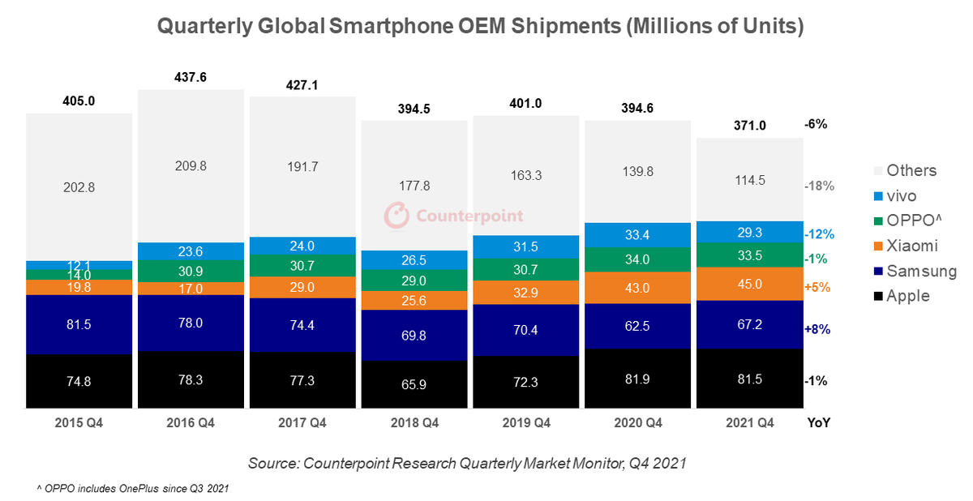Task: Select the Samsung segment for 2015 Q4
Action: click(79, 324)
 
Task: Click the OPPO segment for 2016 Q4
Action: click(191, 271)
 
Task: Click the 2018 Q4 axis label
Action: click(414, 423)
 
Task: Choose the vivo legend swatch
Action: click(875, 195)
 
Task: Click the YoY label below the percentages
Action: click(819, 423)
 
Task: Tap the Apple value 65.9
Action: click(414, 384)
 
